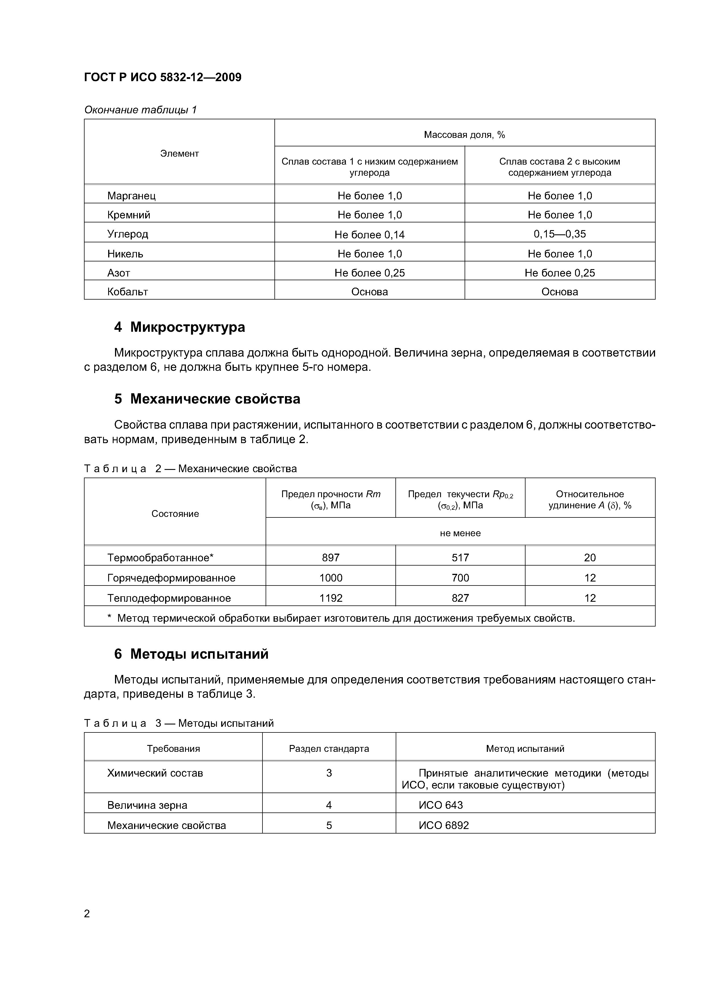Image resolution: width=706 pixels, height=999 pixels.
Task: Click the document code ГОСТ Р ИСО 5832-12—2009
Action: click(163, 77)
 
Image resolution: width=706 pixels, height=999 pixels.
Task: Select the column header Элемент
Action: click(179, 153)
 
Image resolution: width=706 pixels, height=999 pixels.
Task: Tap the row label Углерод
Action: click(128, 234)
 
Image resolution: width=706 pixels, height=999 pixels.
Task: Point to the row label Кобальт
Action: click(128, 292)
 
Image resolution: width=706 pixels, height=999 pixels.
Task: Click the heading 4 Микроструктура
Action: click(179, 327)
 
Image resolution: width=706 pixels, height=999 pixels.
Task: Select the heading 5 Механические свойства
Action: click(207, 399)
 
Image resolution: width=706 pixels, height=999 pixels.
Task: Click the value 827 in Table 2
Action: click(460, 598)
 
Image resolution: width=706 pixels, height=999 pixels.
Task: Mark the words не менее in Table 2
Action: click(460, 533)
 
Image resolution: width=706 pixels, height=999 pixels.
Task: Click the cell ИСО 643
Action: click(441, 805)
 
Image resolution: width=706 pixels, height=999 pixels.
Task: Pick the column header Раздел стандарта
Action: click(329, 749)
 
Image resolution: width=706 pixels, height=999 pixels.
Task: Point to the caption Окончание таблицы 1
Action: click(141, 110)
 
